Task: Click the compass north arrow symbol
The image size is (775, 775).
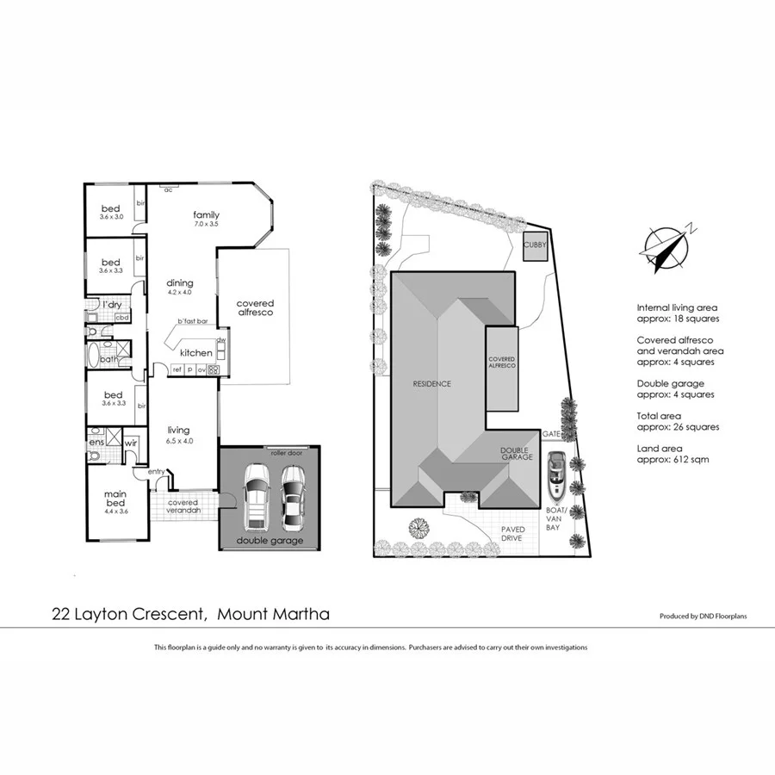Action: pyautogui.click(x=666, y=245)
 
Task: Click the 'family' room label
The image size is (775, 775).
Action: pyautogui.click(x=206, y=215)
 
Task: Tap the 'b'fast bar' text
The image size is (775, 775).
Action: pyautogui.click(x=193, y=322)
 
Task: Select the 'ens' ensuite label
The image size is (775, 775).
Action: pyautogui.click(x=96, y=443)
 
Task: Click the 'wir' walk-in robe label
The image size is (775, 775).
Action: pyautogui.click(x=131, y=443)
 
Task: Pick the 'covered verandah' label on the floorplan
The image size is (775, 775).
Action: pyautogui.click(x=183, y=506)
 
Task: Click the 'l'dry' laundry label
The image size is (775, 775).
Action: pyautogui.click(x=111, y=305)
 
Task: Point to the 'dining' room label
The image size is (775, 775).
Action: pyautogui.click(x=180, y=283)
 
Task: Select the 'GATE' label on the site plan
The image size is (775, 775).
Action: pyautogui.click(x=551, y=435)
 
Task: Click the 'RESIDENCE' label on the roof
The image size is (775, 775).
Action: pyautogui.click(x=431, y=384)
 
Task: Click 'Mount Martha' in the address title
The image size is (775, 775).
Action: pyautogui.click(x=273, y=614)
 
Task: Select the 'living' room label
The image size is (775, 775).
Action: pyautogui.click(x=178, y=431)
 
